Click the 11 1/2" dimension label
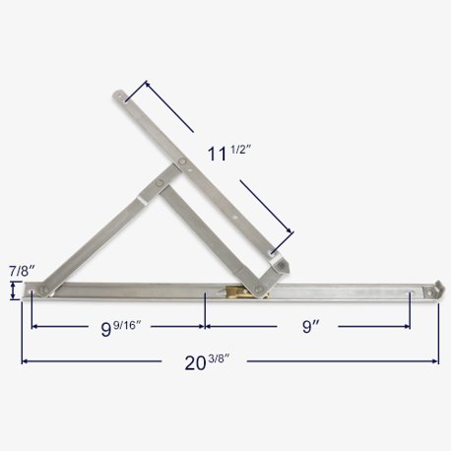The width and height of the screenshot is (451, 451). pos(227,155)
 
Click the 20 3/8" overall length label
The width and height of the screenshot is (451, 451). pos(202,363)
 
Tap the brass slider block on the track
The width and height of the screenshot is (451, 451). pos(234,292)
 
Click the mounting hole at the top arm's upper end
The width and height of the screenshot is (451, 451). pos(120,97)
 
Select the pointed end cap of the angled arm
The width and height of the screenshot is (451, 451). pos(280,264)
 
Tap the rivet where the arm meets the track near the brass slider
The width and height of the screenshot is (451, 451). pos(259,288)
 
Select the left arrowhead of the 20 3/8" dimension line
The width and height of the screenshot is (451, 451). pos(25,362)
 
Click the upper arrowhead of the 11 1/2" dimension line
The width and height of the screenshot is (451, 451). pos(148,87)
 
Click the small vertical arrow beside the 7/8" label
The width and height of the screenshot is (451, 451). pos(13,290)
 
